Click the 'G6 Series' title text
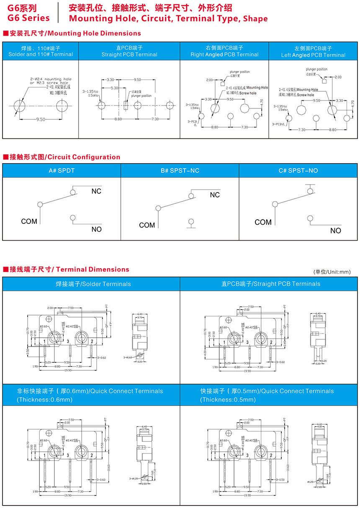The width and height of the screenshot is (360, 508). point(28,18)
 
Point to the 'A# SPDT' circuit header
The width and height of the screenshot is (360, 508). point(62,171)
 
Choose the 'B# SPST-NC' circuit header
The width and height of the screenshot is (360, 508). point(180,171)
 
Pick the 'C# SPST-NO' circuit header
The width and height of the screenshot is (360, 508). point(298,171)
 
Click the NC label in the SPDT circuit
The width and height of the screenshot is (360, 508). point(96,191)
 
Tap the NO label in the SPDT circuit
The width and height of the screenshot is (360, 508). point(96,229)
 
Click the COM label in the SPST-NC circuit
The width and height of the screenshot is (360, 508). point(147,225)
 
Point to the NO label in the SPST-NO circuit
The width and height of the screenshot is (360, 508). point(335,231)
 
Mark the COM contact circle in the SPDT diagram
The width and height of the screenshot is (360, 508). point(40,205)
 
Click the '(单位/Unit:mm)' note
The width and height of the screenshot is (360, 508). point(332,272)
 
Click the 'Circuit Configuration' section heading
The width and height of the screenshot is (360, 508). point(83,157)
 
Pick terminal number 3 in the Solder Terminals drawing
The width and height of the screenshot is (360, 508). point(68,342)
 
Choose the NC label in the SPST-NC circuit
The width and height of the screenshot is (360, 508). point(215,195)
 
